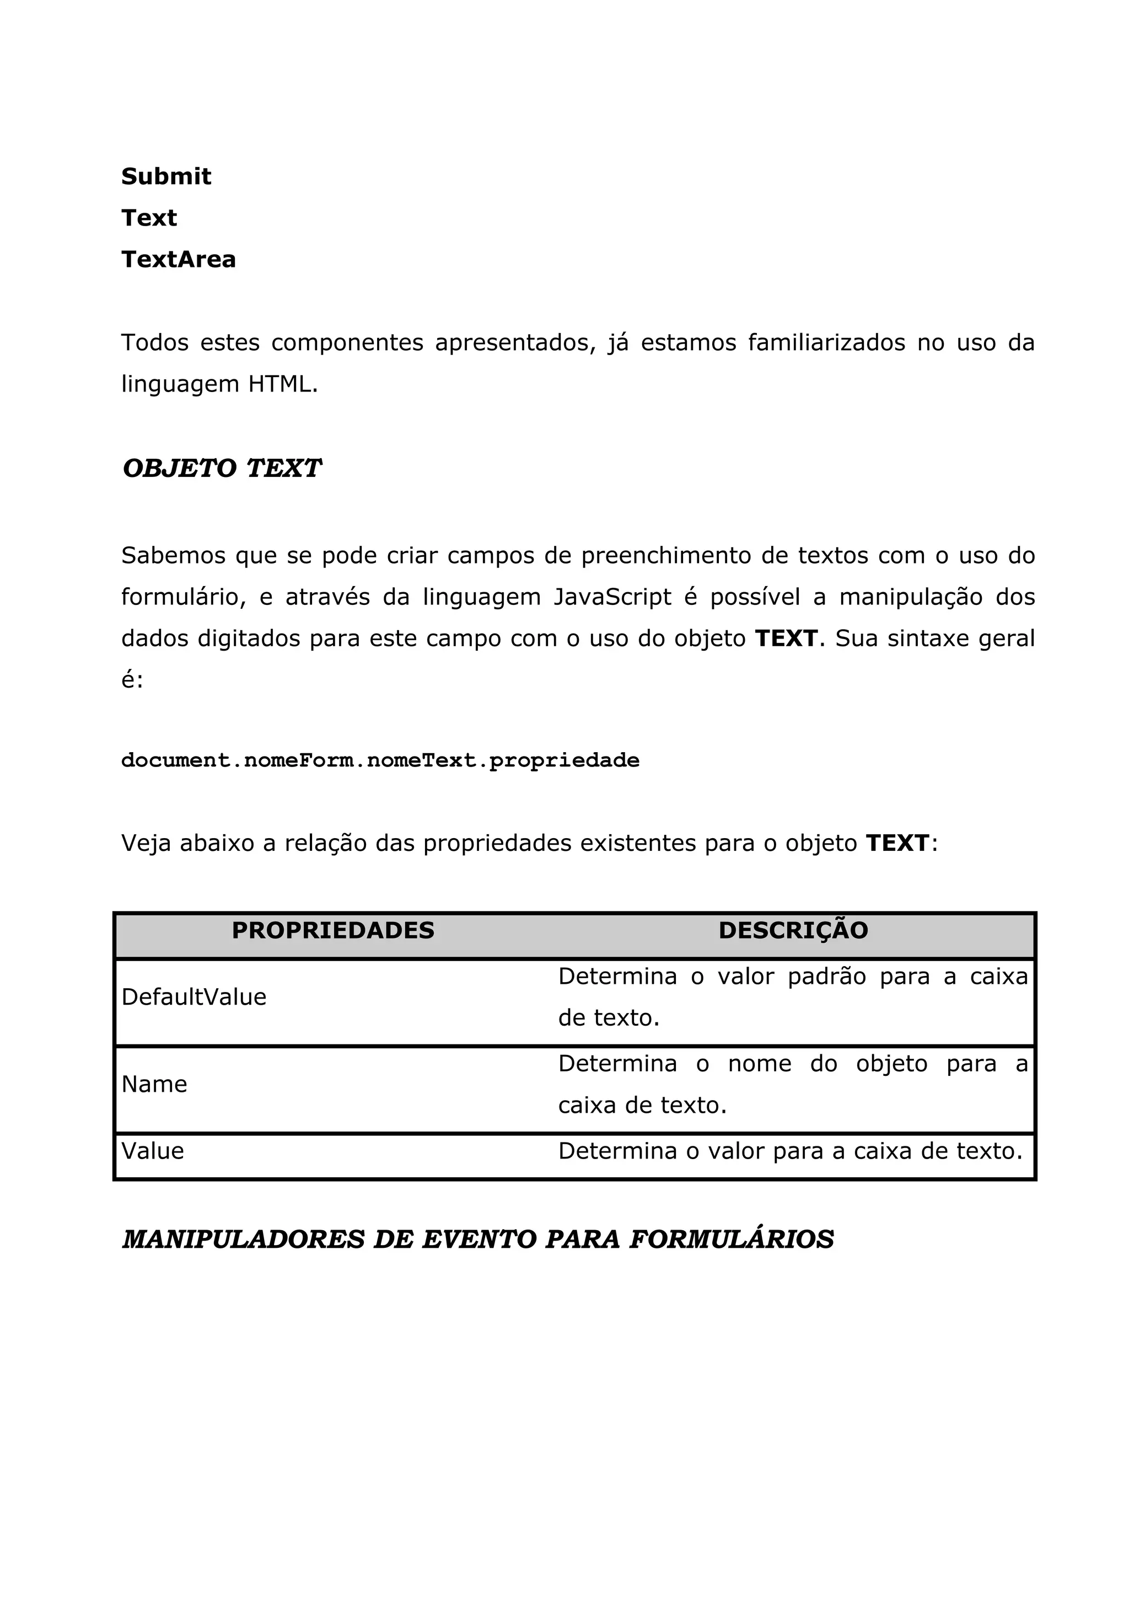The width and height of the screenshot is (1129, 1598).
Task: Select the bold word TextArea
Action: (178, 259)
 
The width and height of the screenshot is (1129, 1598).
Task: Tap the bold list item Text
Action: (149, 218)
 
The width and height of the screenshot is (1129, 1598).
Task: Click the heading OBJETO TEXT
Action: (221, 468)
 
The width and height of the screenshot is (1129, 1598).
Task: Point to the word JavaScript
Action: (612, 597)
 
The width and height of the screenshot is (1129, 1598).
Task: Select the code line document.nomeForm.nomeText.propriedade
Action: (380, 760)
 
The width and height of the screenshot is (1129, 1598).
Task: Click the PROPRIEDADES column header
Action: (332, 931)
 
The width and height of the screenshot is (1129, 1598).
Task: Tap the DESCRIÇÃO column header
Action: (793, 931)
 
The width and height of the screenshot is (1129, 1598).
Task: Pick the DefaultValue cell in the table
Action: (193, 998)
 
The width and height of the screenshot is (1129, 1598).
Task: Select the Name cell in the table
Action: (154, 1084)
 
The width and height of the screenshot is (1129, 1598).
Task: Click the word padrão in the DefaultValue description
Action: (826, 977)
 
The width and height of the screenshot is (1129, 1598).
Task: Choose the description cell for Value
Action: (790, 1151)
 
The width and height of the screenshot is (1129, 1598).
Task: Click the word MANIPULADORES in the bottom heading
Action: (244, 1240)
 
